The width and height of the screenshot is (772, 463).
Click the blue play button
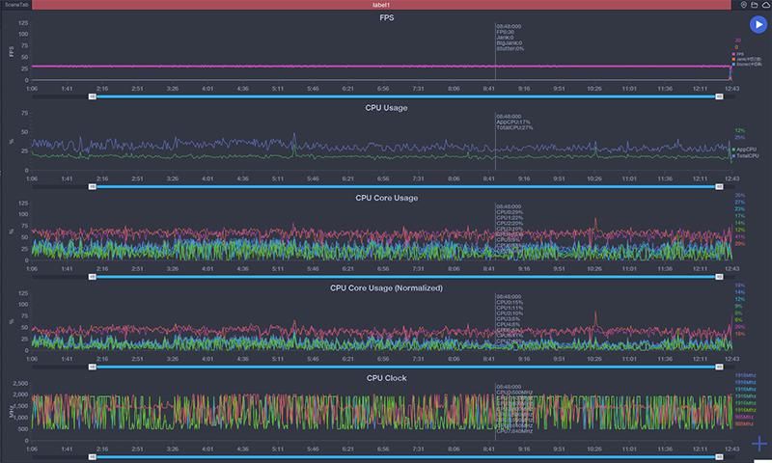(757, 26)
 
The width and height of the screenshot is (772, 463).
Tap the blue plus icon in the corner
(758, 445)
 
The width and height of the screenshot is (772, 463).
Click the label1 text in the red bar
(380, 5)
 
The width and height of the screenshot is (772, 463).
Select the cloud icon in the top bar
(766, 5)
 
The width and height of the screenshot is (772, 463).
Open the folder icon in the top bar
(754, 5)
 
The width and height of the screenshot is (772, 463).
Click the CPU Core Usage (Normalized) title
(386, 287)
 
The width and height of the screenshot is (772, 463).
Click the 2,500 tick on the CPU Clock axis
(19, 384)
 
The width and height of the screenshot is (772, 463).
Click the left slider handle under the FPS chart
(93, 96)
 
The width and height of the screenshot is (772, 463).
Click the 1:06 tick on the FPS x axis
(32, 88)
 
